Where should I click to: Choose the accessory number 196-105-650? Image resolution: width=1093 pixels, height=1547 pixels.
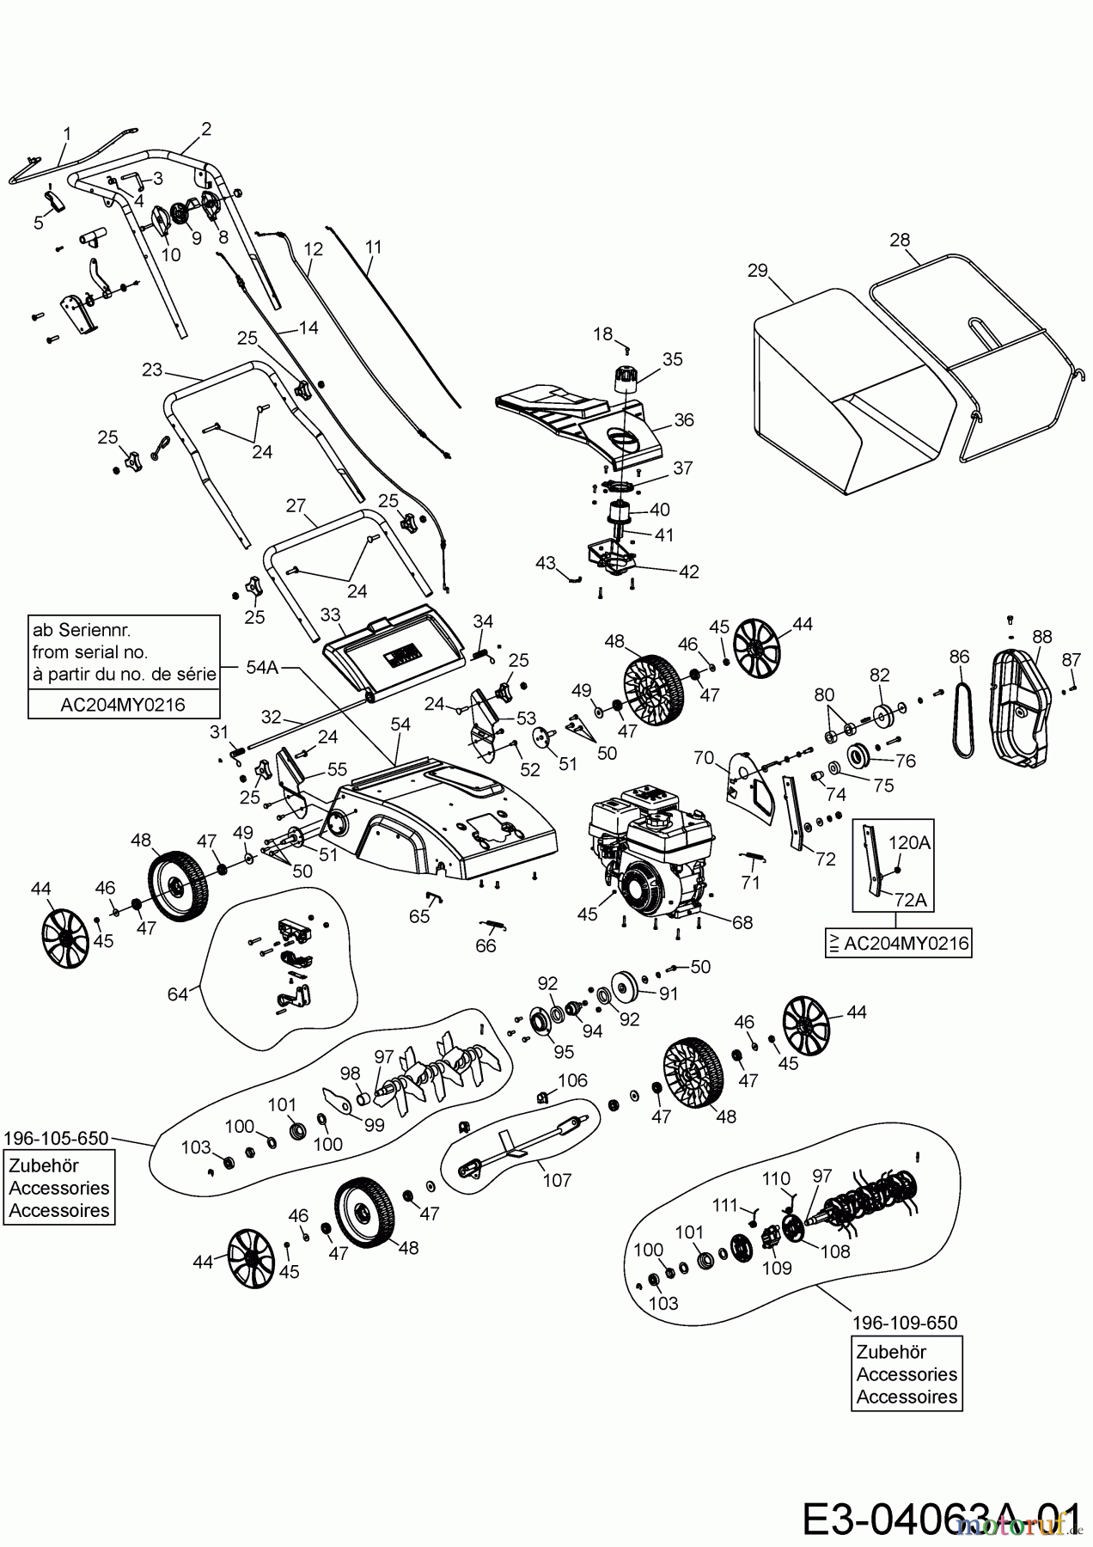tap(56, 1138)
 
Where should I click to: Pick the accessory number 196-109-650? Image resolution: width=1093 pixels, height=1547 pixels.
tap(904, 1323)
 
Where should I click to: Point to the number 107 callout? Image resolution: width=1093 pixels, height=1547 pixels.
tap(557, 1180)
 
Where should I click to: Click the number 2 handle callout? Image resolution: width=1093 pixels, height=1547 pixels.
tap(206, 130)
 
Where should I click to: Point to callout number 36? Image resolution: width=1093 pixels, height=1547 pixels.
tap(683, 420)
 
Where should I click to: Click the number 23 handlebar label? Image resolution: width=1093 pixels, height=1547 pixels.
tap(152, 370)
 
